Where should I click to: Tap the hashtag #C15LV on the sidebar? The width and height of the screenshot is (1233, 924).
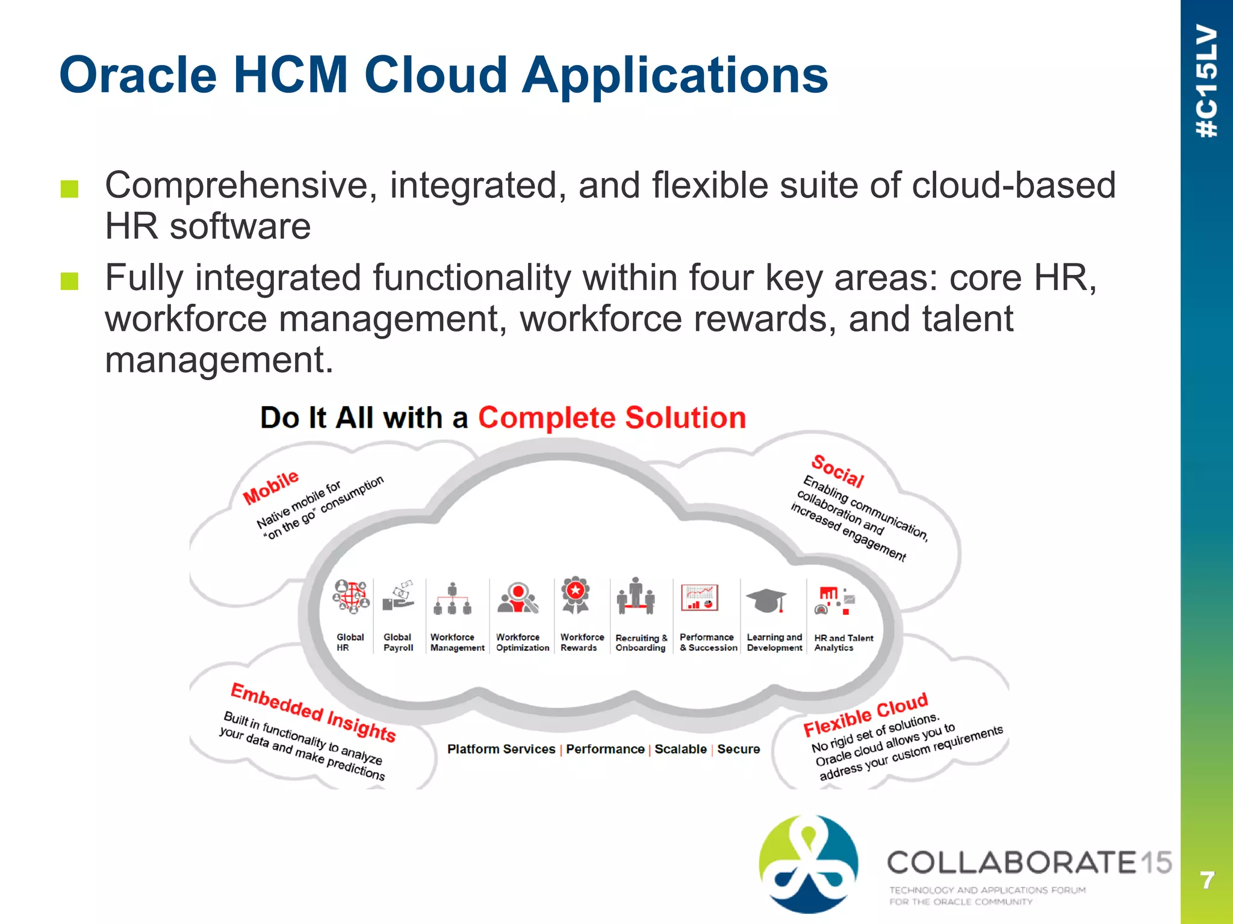click(x=1207, y=81)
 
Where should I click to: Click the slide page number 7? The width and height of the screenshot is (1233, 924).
click(x=1207, y=881)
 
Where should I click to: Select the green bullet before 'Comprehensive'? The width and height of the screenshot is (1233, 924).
click(x=70, y=189)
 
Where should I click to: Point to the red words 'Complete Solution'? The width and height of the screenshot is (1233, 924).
click(x=612, y=417)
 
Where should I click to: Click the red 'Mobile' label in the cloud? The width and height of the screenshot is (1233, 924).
click(x=270, y=487)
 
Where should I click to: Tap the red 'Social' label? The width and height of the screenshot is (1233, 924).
click(x=837, y=471)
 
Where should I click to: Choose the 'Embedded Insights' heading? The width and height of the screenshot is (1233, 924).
click(x=313, y=713)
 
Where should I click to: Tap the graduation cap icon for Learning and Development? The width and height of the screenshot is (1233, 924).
click(x=766, y=600)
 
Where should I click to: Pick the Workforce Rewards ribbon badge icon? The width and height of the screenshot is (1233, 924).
click(x=576, y=596)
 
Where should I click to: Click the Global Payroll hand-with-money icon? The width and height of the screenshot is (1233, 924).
click(x=399, y=597)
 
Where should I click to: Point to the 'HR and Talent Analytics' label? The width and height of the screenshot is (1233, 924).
click(x=843, y=642)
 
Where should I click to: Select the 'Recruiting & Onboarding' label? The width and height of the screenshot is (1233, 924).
click(x=641, y=642)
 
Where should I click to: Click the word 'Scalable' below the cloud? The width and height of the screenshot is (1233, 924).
click(x=680, y=749)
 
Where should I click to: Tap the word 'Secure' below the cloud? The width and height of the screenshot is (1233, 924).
click(x=738, y=749)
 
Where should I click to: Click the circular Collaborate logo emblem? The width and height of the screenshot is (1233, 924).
click(x=809, y=864)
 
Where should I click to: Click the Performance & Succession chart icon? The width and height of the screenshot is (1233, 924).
click(x=700, y=598)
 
